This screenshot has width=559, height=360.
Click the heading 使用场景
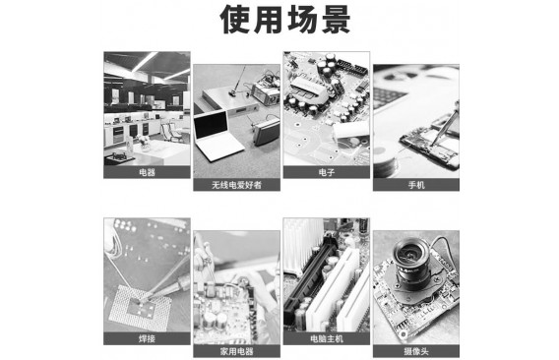285,20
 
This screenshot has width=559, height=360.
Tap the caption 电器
147,172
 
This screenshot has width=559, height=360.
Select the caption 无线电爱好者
237,185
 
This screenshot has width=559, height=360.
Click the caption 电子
327,172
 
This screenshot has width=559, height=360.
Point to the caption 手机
416,185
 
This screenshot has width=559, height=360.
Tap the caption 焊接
147,338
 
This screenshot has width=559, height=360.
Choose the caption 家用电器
237,351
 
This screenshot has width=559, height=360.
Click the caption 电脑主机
327,338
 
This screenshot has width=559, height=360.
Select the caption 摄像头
416,351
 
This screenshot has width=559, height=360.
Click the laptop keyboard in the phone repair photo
390,97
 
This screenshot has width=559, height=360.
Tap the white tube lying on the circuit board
349,130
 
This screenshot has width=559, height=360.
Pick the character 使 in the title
234,20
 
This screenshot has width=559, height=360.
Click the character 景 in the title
337,20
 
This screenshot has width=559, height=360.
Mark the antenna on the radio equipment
238,81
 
